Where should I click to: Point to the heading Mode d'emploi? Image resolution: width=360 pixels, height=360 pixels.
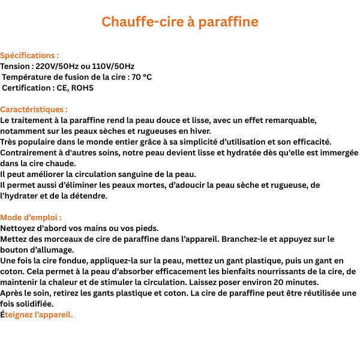point(30,217)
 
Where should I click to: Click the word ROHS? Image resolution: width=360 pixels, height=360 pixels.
point(82,88)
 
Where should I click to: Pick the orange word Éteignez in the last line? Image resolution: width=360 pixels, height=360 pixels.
point(22,314)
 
